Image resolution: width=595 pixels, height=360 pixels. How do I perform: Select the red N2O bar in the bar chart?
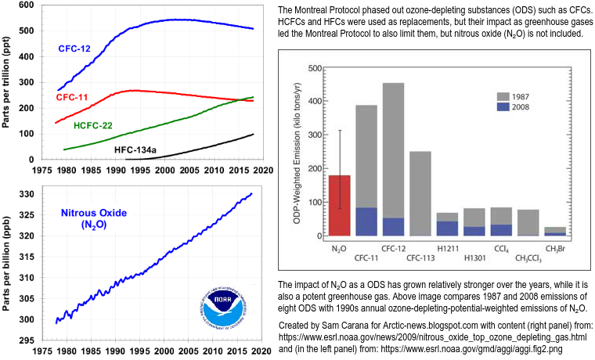click(x=339, y=205)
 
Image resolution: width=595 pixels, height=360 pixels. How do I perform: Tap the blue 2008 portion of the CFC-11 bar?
click(x=366, y=221)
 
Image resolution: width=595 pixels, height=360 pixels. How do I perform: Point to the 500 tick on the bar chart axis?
click(x=315, y=69)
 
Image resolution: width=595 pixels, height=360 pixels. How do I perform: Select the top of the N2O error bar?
click(x=339, y=130)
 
